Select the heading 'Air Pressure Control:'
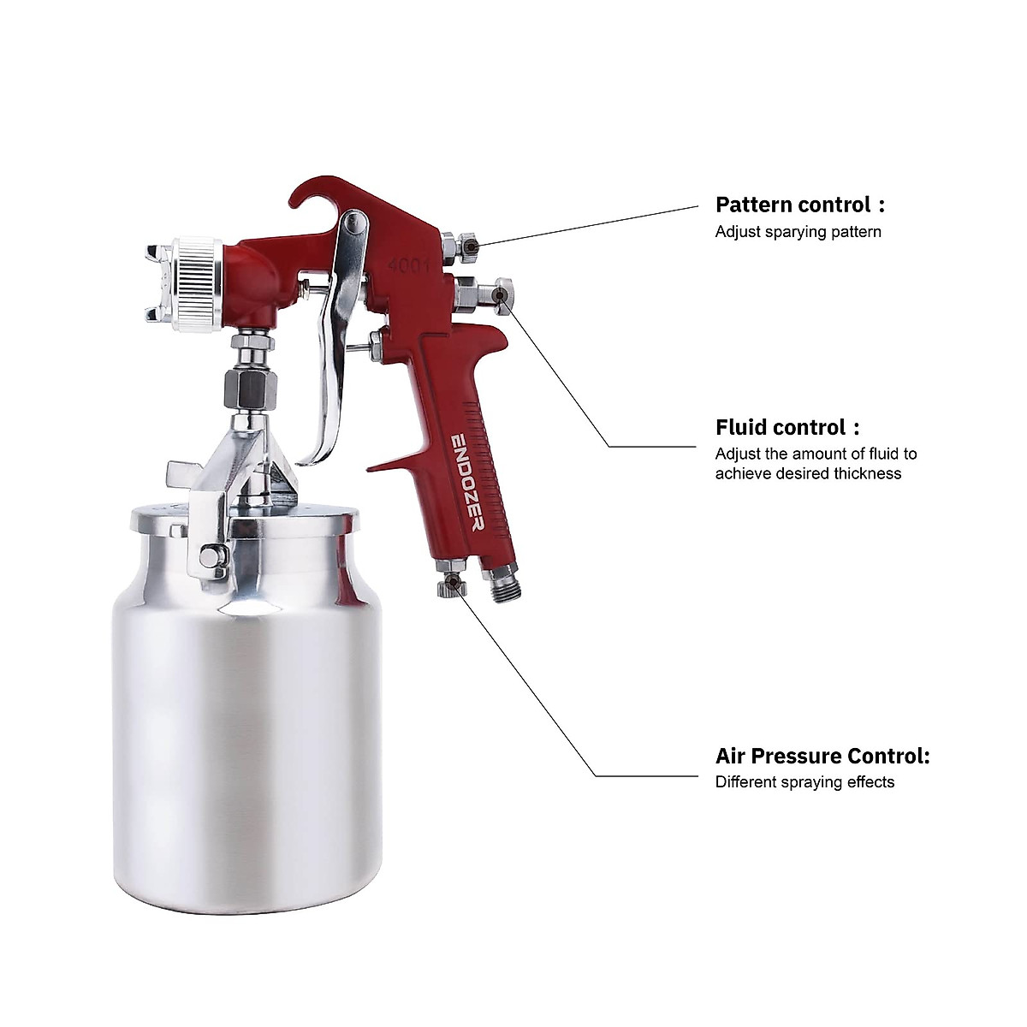[x=822, y=756]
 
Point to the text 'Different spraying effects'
[x=804, y=781]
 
